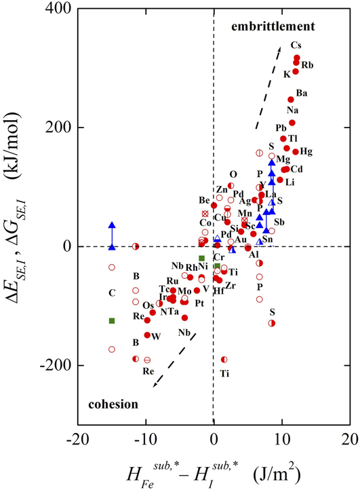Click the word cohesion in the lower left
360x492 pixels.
pos(113,404)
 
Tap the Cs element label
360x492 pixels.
pos(296,45)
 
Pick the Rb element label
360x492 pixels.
pos(307,65)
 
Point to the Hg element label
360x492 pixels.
pos(306,151)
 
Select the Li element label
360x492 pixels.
pos(290,183)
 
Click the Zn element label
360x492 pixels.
pos(222,189)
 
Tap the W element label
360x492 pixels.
pos(156,336)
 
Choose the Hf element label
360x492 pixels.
pos(219,290)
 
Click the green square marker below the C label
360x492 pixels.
pos(112,320)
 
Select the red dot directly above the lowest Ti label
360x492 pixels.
pos(224,360)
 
